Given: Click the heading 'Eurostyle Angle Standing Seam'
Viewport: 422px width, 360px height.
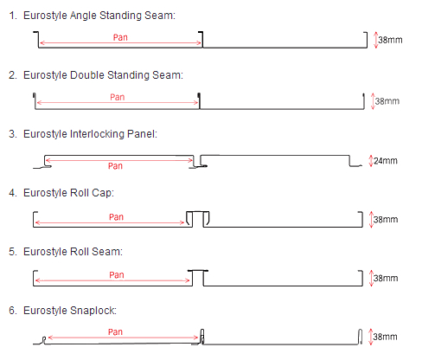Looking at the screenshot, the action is [99, 16].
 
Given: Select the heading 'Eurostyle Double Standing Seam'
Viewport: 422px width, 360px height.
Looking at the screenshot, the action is [103, 75].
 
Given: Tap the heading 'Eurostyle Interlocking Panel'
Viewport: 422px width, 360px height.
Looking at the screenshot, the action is [90, 134].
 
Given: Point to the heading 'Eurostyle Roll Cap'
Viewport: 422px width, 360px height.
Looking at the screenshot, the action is [68, 193].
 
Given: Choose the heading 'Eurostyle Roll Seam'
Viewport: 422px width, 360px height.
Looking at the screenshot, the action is [73, 252].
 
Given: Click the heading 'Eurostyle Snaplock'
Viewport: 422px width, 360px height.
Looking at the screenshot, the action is [70, 311].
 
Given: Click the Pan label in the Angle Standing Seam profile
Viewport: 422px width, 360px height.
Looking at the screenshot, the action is [120, 37].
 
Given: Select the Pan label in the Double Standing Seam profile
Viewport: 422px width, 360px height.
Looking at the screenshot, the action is [118, 97].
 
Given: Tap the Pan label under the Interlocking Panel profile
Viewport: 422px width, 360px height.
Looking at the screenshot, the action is [115, 166].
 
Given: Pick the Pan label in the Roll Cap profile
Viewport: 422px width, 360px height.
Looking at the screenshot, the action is [116, 217].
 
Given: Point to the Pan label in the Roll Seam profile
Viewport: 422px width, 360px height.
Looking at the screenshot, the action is [117, 275].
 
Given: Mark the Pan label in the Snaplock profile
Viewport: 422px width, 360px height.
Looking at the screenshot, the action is [115, 332].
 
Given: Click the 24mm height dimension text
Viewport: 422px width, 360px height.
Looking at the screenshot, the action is [386, 161].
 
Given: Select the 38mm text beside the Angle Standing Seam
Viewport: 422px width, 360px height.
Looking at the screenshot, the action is [390, 40].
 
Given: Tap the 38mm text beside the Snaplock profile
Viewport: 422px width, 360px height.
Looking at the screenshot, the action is [385, 337].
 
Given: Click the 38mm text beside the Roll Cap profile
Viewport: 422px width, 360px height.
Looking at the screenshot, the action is [386, 220].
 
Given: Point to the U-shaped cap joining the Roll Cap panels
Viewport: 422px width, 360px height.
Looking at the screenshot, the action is [198, 212].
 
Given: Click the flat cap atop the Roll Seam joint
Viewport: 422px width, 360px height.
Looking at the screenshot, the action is [198, 271].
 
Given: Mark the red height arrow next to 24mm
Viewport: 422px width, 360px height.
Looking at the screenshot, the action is [371, 161].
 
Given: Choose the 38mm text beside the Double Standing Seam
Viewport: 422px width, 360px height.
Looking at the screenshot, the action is [387, 101].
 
